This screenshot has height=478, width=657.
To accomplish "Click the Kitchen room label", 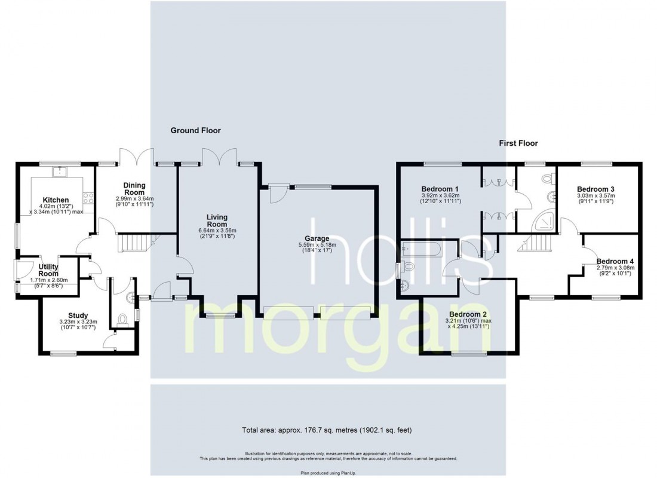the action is click(56, 200).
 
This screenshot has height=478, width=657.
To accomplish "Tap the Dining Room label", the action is click(134, 189).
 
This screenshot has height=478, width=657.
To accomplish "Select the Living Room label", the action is click(217, 220).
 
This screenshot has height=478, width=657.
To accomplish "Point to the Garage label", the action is click(317, 238).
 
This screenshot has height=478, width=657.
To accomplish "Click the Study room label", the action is click(78, 315).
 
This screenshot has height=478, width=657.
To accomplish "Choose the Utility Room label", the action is click(48, 270).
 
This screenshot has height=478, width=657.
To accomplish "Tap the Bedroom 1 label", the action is click(440, 189).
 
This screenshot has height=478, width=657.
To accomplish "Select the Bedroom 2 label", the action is click(468, 314).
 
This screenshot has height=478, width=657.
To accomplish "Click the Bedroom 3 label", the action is click(596, 189).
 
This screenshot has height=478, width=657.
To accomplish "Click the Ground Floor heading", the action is click(196, 130).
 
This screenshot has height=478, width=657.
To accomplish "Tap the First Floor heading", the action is click(518, 143).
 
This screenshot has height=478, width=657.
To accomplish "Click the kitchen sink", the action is click(61, 171).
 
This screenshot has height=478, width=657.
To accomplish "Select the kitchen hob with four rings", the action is click(88, 198).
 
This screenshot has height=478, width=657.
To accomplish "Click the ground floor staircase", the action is click(134, 243).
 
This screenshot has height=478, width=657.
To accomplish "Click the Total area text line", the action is click(327, 430).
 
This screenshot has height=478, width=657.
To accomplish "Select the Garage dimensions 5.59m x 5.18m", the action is click(317, 245).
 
